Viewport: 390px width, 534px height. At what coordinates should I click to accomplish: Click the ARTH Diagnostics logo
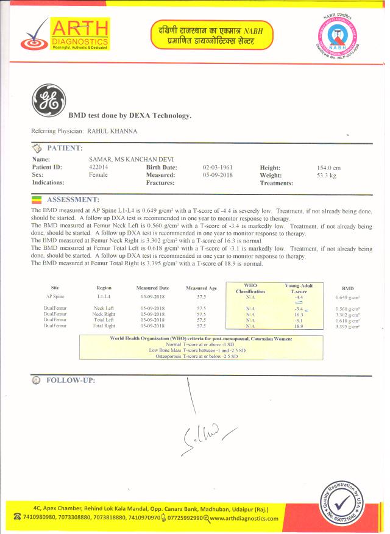[65, 35]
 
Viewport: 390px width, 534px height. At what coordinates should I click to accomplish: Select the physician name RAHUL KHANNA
[112, 131]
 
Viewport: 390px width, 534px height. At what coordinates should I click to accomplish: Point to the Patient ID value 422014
[98, 167]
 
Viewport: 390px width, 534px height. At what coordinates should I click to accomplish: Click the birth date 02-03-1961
[218, 167]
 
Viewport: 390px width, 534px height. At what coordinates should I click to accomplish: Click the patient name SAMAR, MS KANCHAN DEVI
[122, 159]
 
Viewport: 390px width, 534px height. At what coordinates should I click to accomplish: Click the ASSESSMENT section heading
[73, 199]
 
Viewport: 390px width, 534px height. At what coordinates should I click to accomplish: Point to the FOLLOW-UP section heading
[71, 380]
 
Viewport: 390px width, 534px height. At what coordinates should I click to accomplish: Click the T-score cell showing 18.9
[299, 326]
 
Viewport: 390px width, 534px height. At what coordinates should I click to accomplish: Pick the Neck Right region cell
[104, 314]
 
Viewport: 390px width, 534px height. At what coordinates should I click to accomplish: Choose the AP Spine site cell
[55, 296]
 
